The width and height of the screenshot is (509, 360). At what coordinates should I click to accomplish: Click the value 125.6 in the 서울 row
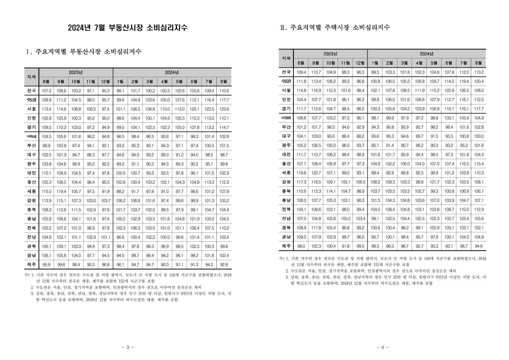point(224,109)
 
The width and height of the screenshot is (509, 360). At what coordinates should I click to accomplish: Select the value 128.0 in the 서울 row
point(479,90)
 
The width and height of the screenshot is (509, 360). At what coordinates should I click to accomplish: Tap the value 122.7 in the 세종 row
point(316,173)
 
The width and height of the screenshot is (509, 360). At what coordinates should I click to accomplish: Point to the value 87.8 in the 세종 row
point(150,191)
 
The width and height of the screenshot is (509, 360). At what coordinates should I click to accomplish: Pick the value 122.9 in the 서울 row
point(449,90)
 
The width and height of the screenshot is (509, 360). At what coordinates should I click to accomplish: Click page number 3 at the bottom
point(127,347)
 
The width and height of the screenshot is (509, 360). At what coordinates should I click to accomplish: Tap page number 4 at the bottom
point(382,347)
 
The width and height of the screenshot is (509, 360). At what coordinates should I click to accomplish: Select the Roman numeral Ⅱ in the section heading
point(283,28)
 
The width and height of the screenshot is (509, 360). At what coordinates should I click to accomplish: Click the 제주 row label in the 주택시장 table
point(286,246)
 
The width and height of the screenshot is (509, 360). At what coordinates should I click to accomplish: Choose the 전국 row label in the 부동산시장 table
point(31,90)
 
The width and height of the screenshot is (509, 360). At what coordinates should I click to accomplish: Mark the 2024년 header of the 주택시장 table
point(426,54)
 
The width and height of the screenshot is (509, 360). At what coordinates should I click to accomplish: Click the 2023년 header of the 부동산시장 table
point(76,73)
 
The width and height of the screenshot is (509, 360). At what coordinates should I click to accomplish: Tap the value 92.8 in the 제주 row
point(224,265)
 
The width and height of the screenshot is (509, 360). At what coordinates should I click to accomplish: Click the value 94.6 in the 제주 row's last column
point(479,246)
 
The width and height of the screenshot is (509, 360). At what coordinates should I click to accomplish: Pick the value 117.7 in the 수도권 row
point(224,100)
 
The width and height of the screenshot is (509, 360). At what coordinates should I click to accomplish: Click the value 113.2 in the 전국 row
point(479,72)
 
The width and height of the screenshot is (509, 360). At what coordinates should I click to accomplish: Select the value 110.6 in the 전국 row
point(224,90)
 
